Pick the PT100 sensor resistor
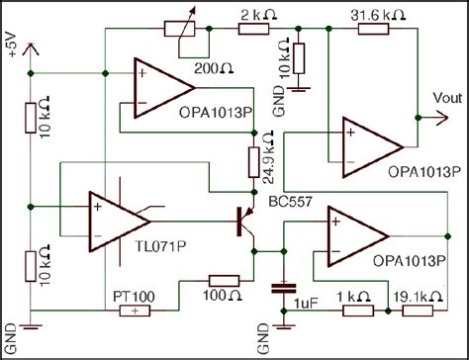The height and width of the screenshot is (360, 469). tap(134, 312)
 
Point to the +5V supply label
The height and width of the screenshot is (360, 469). tap(13, 45)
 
